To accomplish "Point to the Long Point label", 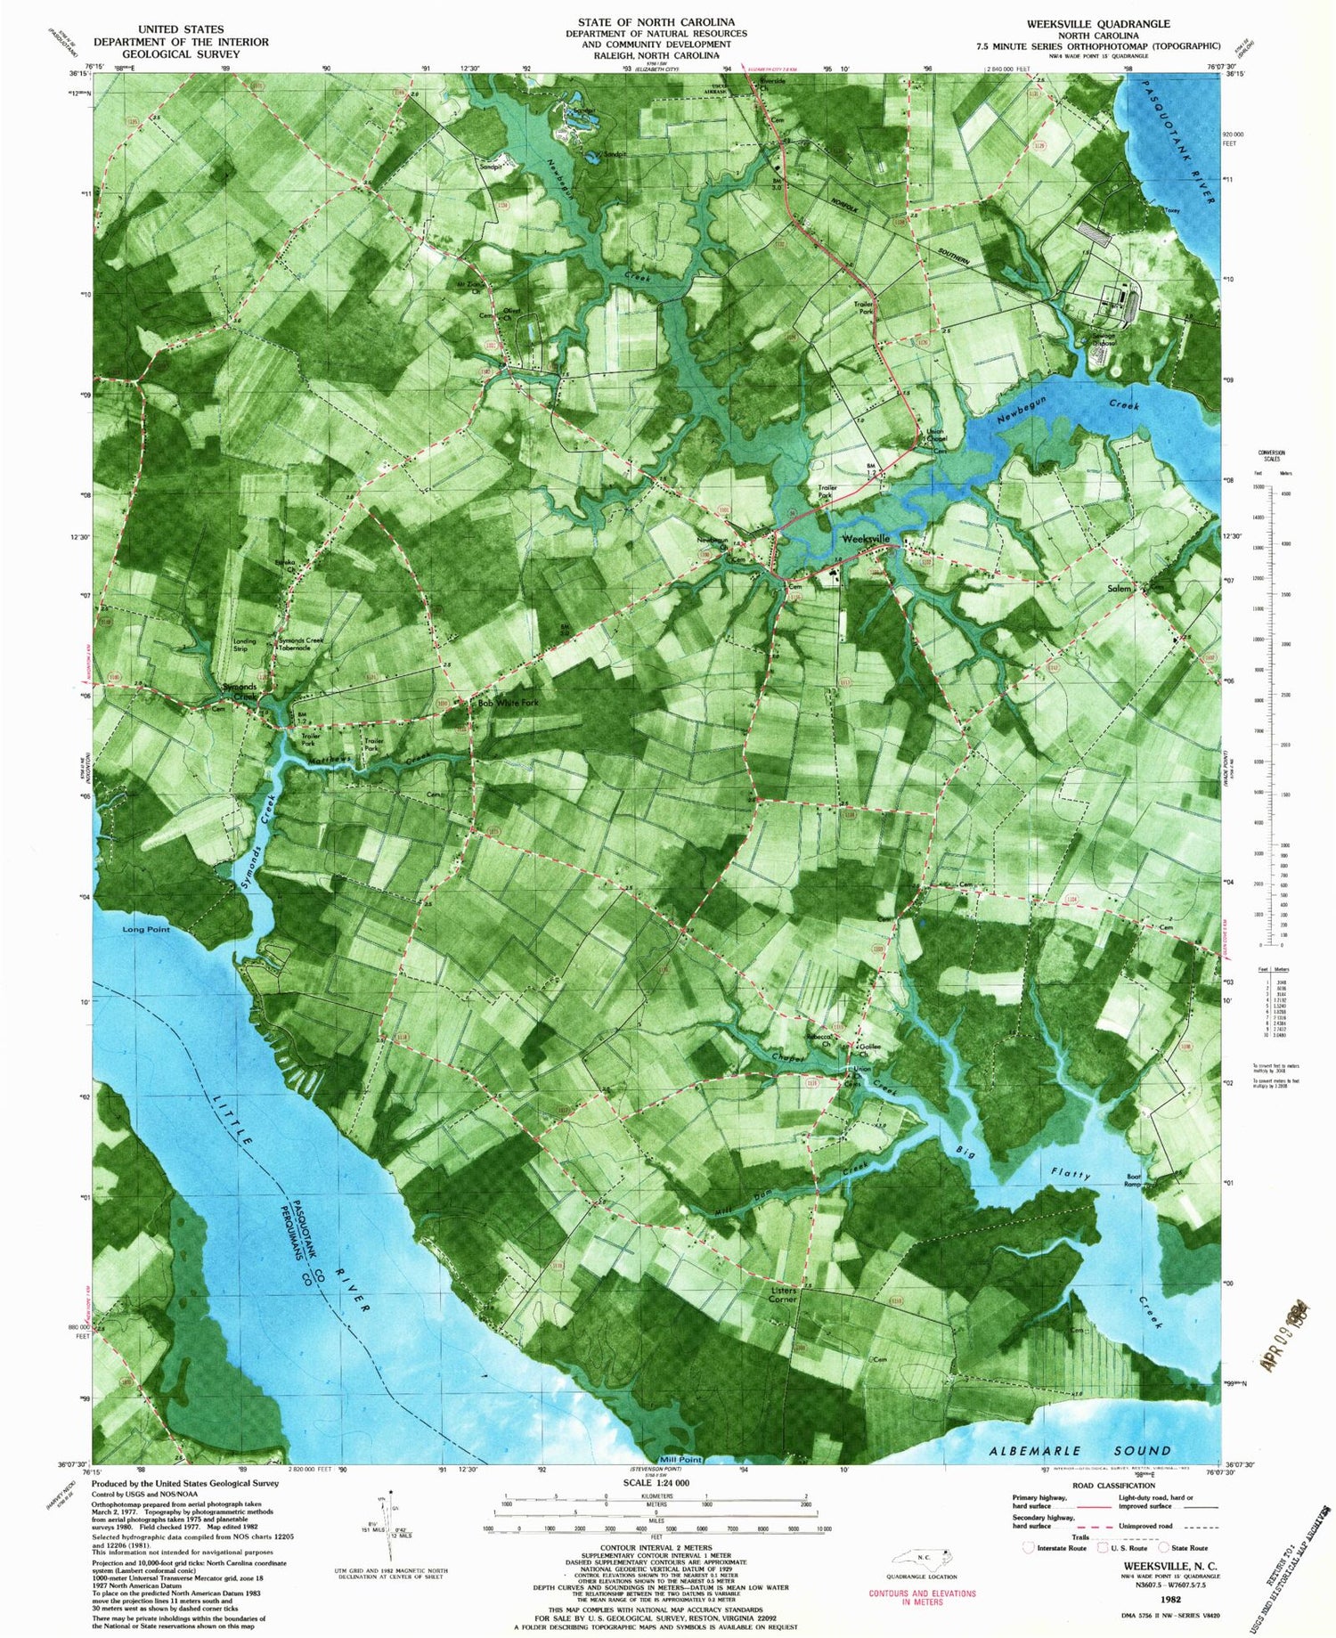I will tap(146, 929).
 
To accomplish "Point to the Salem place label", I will tap(1120, 589).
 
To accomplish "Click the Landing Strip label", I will tap(243, 645).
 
